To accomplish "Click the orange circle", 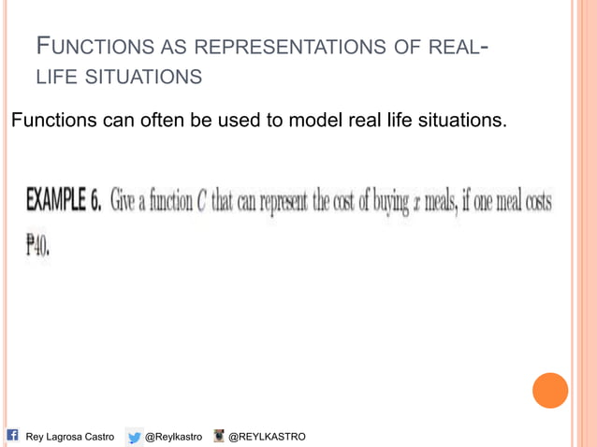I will pyautogui.click(x=550, y=390).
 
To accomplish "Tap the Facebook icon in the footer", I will pyautogui.click(x=13, y=436).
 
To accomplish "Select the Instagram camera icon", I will pyautogui.click(x=220, y=436).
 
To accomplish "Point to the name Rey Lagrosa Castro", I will pyautogui.click(x=70, y=437).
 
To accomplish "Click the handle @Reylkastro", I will pyautogui.click(x=174, y=437).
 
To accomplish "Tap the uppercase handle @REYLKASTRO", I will pyautogui.click(x=267, y=437).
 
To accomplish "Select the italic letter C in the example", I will pyautogui.click(x=201, y=202).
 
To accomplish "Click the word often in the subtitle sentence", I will pyautogui.click(x=156, y=120).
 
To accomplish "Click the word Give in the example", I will pyautogui.click(x=124, y=202).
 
